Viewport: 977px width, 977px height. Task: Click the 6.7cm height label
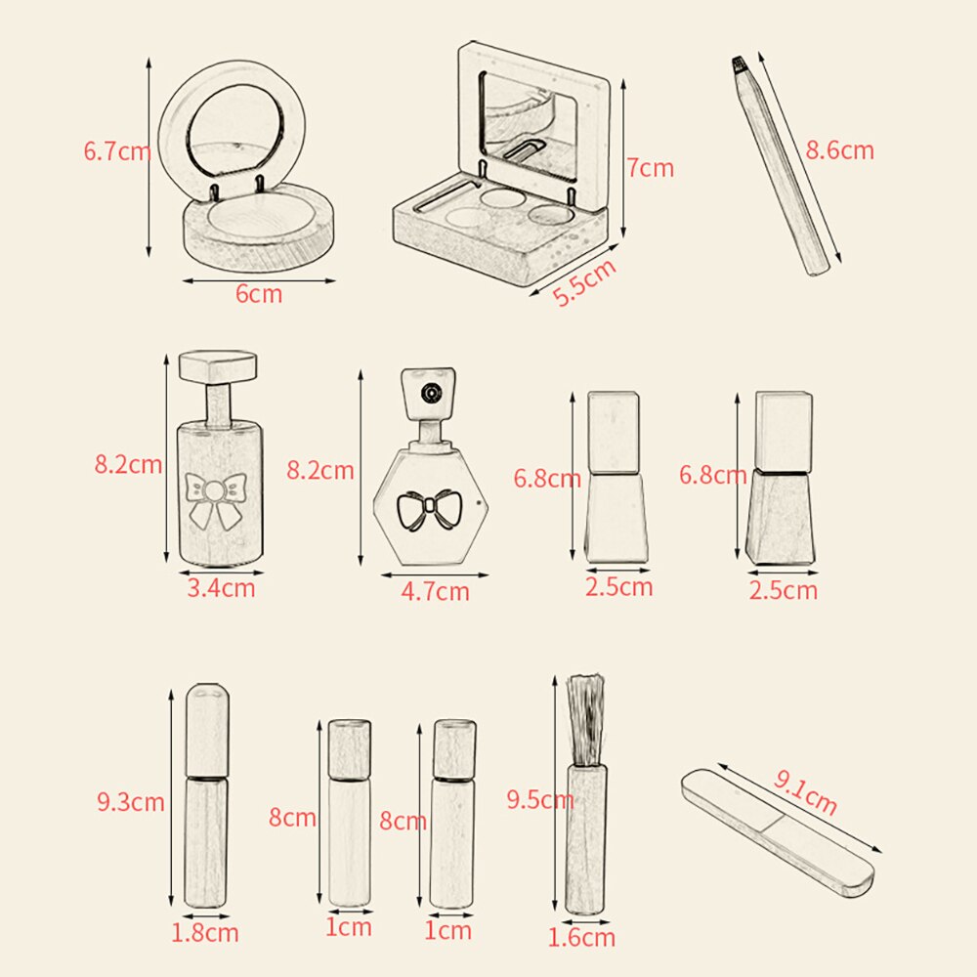pyautogui.click(x=117, y=152)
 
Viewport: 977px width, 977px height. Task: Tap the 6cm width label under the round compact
pyautogui.click(x=259, y=294)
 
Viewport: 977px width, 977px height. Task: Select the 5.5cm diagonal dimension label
pyautogui.click(x=584, y=282)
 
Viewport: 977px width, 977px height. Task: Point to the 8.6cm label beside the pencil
pyautogui.click(x=840, y=150)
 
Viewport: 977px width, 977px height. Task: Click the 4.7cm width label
pyautogui.click(x=435, y=591)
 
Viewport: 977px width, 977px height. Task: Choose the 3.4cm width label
pyautogui.click(x=221, y=588)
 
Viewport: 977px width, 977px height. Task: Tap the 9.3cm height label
pyautogui.click(x=131, y=801)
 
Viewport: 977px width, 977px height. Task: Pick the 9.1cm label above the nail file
pyautogui.click(x=806, y=792)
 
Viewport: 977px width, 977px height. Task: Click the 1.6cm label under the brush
pyautogui.click(x=581, y=937)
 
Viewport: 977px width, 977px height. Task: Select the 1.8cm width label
pyautogui.click(x=205, y=933)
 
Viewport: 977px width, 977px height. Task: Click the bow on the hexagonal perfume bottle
pyautogui.click(x=426, y=509)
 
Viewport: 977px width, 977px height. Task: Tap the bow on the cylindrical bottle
pyautogui.click(x=215, y=499)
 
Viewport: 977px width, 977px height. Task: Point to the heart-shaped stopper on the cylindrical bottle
pyautogui.click(x=218, y=366)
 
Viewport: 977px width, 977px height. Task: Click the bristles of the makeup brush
pyautogui.click(x=585, y=720)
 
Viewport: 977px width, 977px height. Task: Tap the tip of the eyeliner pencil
pyautogui.click(x=739, y=62)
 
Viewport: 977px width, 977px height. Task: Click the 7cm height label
pyautogui.click(x=651, y=168)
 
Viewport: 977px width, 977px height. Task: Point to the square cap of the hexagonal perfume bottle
pyautogui.click(x=428, y=393)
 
